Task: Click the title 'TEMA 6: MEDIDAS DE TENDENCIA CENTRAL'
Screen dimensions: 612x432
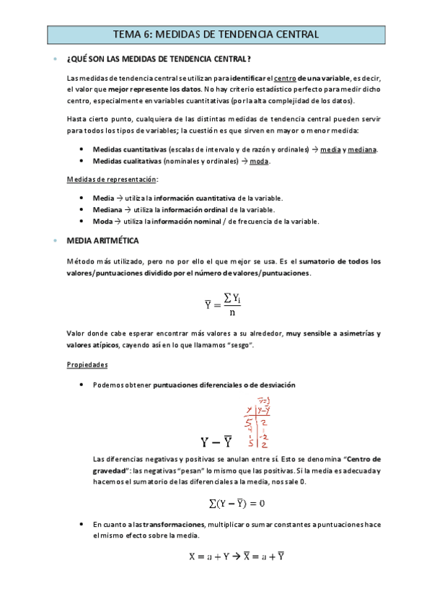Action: [x=216, y=34]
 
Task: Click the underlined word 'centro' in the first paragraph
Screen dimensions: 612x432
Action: [x=286, y=78]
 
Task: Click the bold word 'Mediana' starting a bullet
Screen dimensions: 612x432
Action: [x=108, y=209]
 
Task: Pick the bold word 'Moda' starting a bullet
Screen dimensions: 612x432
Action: [x=103, y=221]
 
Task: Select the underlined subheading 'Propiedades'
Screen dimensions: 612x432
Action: [x=87, y=365]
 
